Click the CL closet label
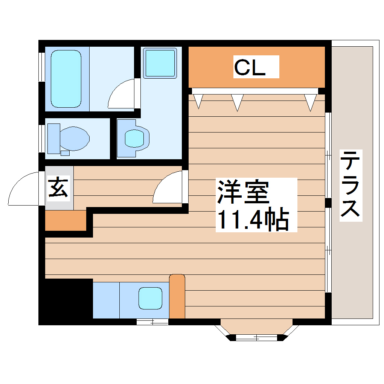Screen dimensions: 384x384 click(250, 68)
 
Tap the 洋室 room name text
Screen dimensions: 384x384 click(243, 192)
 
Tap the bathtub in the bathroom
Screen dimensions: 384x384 click(66, 79)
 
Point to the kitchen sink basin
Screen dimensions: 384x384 click(150, 298)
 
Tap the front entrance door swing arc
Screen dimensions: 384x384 click(23, 190)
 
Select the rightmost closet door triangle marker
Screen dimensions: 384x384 click(311, 102)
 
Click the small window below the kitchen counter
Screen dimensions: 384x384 click(152, 322)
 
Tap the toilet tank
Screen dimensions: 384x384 click(53, 138)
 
